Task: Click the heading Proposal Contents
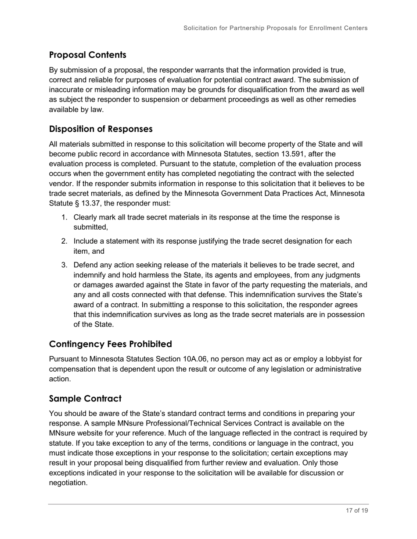88,55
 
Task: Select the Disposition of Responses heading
101,129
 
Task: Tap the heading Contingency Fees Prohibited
110,344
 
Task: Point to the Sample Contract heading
85,398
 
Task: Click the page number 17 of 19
356,511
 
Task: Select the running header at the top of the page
275,28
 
